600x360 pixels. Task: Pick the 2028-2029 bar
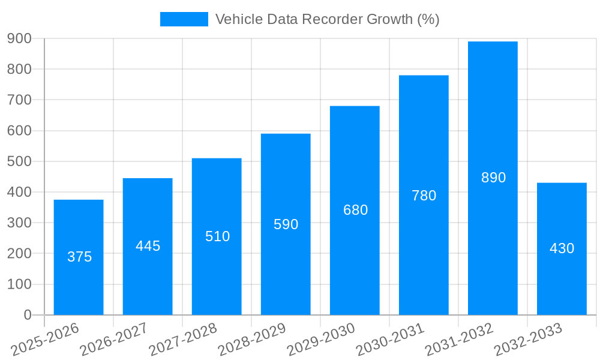pos(286,270)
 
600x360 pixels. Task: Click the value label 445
pos(148,246)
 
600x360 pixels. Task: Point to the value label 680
pos(355,210)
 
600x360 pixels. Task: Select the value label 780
pos(424,196)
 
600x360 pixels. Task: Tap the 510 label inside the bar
pos(217,236)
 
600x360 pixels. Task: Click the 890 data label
pos(493,178)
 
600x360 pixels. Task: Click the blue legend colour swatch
pos(184,19)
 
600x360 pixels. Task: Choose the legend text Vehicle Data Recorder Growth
pos(327,19)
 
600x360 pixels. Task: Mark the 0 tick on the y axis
pos(27,315)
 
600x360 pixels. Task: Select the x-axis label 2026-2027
pos(115,339)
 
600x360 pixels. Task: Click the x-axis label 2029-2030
pos(322,339)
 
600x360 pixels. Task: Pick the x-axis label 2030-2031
pos(391,339)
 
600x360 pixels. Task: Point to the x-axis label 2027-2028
pos(184,339)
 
